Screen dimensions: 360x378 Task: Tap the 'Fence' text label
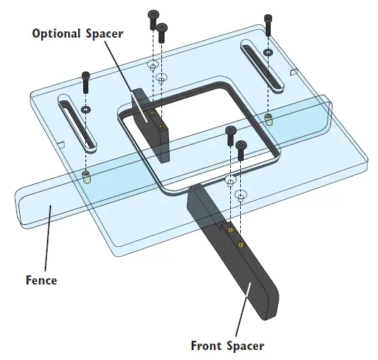click(40, 280)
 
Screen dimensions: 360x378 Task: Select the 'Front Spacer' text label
click(227, 346)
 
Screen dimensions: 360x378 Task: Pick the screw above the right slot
click(268, 24)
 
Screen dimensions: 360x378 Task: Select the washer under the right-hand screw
click(267, 53)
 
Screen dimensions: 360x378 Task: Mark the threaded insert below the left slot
click(86, 175)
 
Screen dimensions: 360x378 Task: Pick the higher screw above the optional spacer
click(152, 18)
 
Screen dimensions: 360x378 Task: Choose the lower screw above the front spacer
click(241, 149)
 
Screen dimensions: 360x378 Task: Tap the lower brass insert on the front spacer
click(241, 245)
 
